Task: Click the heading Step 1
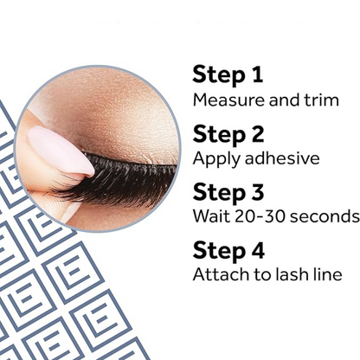point(228,75)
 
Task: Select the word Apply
point(213,159)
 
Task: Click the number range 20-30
point(257,215)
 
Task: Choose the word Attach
point(216,274)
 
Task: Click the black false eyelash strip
point(121,177)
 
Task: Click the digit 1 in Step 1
point(256,75)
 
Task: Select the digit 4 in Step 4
point(258,250)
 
